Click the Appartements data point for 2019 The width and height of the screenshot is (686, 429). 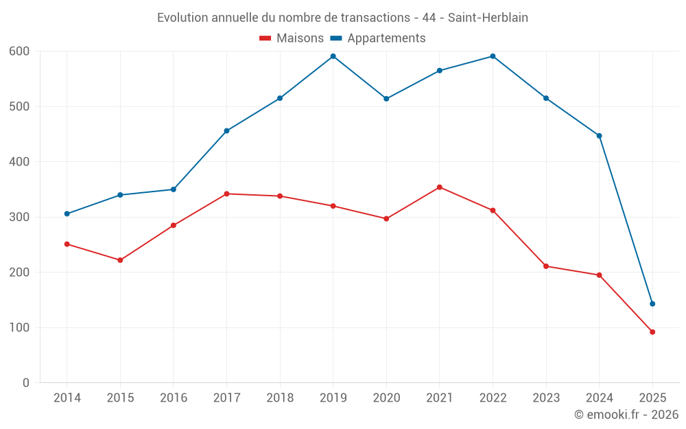[x=333, y=56]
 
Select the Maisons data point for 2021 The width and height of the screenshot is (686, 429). [x=440, y=187]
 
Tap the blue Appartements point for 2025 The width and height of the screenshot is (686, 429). [x=652, y=304]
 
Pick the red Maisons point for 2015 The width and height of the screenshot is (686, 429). [x=120, y=260]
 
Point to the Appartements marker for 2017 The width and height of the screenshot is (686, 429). [x=226, y=131]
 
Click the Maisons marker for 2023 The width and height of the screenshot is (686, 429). [x=546, y=266]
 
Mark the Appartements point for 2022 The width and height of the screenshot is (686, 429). [x=493, y=56]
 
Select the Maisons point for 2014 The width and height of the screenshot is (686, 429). [x=67, y=244]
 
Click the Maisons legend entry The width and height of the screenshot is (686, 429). [x=292, y=38]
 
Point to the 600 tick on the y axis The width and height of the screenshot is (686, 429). [x=19, y=51]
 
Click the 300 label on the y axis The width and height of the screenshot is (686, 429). [x=19, y=218]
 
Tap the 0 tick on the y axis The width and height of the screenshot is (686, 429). [x=26, y=383]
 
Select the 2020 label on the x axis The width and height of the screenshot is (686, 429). [x=386, y=398]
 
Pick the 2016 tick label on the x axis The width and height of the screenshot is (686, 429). [x=174, y=398]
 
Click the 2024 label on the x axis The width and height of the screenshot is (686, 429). [x=599, y=398]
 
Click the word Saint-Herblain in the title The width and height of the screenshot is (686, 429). [x=488, y=18]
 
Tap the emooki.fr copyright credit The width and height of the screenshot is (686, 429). [x=626, y=415]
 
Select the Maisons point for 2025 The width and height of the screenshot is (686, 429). [x=652, y=332]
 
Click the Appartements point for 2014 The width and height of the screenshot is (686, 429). [x=67, y=214]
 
